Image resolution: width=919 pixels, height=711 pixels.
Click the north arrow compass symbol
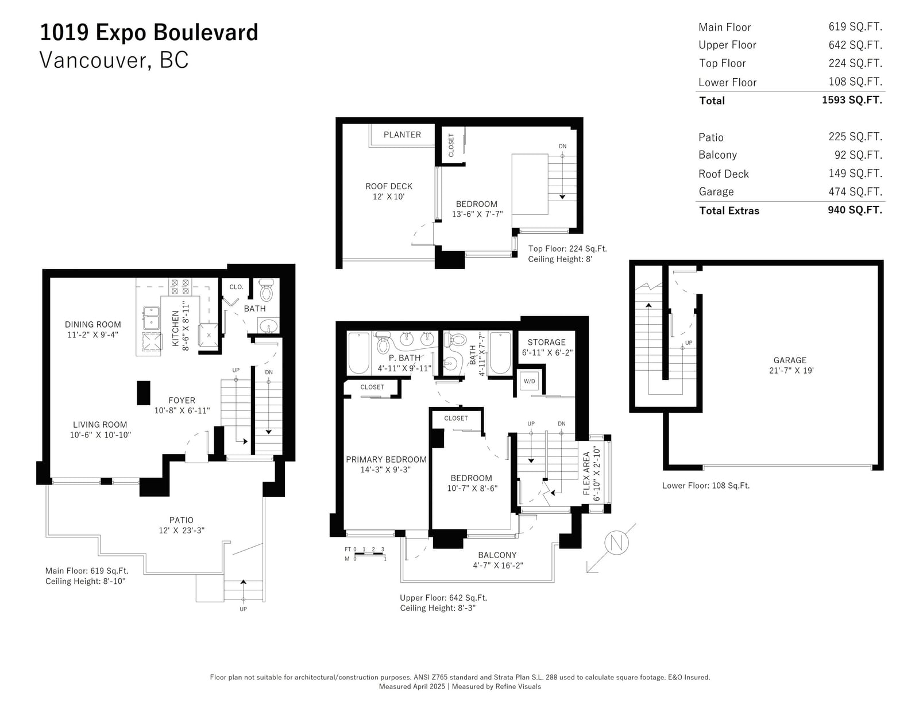[x=616, y=543]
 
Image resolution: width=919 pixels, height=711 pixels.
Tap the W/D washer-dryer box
[x=530, y=381]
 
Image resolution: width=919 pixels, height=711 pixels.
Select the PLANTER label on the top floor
[x=402, y=134]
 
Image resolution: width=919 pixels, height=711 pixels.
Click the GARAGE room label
[x=790, y=360]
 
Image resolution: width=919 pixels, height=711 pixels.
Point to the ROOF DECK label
[x=389, y=186]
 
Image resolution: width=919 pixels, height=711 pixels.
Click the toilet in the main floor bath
[x=266, y=289]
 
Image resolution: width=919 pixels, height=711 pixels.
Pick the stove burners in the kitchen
[x=180, y=286]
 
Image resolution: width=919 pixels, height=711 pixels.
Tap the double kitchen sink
[x=150, y=318]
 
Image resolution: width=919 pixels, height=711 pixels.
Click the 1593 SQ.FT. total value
[x=852, y=100]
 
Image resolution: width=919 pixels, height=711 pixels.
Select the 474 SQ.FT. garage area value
[x=855, y=192]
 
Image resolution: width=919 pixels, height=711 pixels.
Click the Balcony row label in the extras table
[x=717, y=155]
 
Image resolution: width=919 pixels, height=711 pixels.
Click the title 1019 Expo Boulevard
[x=149, y=33]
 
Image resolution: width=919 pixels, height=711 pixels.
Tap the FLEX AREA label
[x=586, y=473]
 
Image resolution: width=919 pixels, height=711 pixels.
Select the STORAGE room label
[x=546, y=342]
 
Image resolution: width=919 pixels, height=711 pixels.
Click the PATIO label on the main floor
[x=182, y=520]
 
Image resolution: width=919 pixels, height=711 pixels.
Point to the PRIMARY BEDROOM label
[x=386, y=459]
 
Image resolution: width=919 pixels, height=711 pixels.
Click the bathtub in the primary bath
[x=358, y=353]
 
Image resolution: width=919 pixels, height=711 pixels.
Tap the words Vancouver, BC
[x=114, y=60]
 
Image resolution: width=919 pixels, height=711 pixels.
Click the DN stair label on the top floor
[x=562, y=147]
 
